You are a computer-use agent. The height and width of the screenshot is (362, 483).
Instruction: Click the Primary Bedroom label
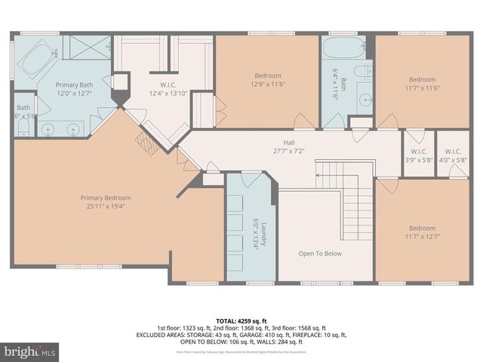point(101,198)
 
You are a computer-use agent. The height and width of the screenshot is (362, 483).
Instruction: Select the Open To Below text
point(319,253)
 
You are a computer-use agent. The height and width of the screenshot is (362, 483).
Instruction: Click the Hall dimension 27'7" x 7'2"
point(289,152)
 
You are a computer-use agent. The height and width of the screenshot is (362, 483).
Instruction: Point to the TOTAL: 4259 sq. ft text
point(241,321)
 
